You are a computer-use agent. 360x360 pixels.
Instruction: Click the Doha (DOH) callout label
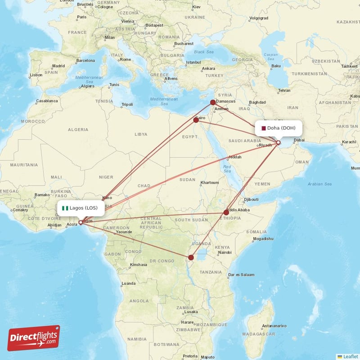click(278, 128)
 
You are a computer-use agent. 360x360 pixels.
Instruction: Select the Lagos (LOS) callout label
click(81, 208)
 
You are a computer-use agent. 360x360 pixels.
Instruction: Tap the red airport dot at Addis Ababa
click(226, 212)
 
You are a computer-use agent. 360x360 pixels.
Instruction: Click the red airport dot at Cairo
click(196, 120)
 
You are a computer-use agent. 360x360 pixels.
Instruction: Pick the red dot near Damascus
click(213, 103)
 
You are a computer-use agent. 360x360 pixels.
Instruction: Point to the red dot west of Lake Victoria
click(191, 257)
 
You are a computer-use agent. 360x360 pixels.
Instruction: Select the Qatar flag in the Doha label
click(263, 128)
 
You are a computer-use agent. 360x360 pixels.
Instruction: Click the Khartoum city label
click(210, 182)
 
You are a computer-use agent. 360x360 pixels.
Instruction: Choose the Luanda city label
click(128, 283)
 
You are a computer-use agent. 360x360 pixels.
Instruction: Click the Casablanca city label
click(47, 101)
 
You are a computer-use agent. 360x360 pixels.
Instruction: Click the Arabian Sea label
click(319, 184)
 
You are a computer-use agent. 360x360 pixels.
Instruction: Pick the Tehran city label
click(284, 90)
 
